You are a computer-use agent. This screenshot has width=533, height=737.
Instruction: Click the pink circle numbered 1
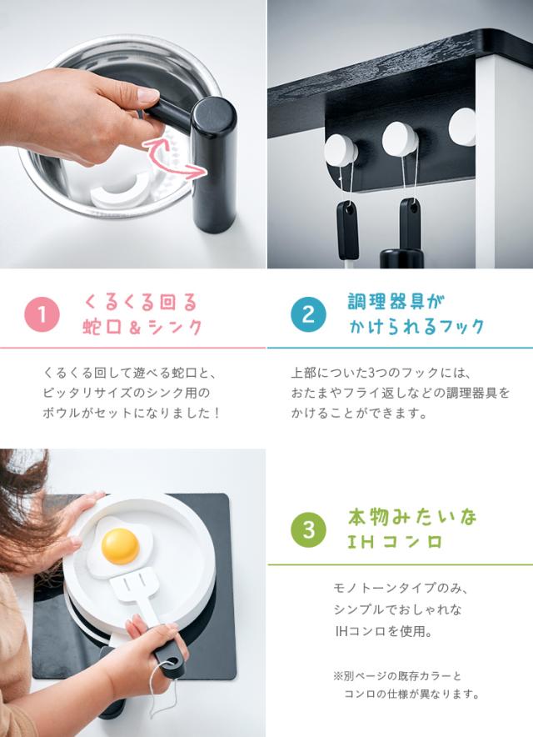pos(42,314)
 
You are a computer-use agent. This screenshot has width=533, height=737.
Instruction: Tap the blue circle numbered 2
pos(308,314)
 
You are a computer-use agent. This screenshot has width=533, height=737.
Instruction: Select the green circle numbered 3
pos(308,529)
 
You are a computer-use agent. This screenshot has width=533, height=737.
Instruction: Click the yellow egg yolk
pos(121,546)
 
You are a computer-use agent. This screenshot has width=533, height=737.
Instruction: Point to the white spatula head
pos(134,584)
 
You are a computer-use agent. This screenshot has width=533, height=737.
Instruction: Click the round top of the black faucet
pos(214,116)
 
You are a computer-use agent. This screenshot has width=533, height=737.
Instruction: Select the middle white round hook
pos(400,139)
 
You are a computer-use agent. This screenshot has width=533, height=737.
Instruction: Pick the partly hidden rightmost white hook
pos(462,126)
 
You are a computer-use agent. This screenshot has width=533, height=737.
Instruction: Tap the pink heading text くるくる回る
pos(141,303)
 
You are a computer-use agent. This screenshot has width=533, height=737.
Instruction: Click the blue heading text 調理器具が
pos(396,301)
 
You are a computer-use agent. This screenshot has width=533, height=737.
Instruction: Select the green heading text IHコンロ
pos(395,542)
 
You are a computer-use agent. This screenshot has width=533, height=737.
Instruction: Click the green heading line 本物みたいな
pos(412,518)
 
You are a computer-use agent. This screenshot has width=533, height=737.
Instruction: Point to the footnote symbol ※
pos(338,676)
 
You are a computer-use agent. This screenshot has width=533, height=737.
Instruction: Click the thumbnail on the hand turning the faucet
pos(148,95)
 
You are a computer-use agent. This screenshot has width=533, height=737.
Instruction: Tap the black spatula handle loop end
pos(174,663)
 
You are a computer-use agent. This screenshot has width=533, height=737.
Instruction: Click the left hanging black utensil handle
pos(347,230)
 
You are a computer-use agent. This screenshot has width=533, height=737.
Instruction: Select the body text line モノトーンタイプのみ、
pos(401,588)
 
